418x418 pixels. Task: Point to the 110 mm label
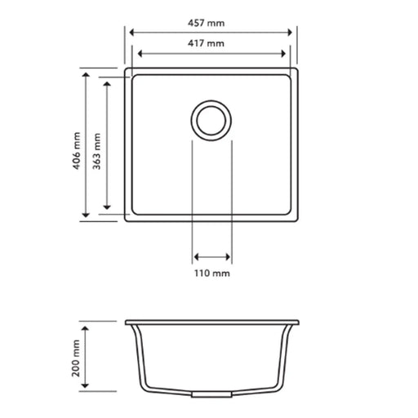pyautogui.click(x=211, y=273)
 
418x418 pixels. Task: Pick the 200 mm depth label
pyautogui.click(x=76, y=357)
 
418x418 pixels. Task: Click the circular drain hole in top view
pyautogui.click(x=211, y=120)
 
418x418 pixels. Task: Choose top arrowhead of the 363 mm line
pyautogui.click(x=107, y=85)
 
